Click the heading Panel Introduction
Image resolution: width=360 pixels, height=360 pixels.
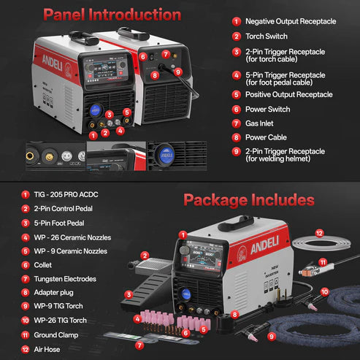coord(112,14)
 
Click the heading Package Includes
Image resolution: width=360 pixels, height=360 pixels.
coord(249,199)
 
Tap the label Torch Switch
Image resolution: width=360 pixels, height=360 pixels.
coord(266,37)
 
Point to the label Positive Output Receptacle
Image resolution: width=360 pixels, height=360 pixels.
coord(288,94)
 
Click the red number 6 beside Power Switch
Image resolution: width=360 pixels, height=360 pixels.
coord(237,109)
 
